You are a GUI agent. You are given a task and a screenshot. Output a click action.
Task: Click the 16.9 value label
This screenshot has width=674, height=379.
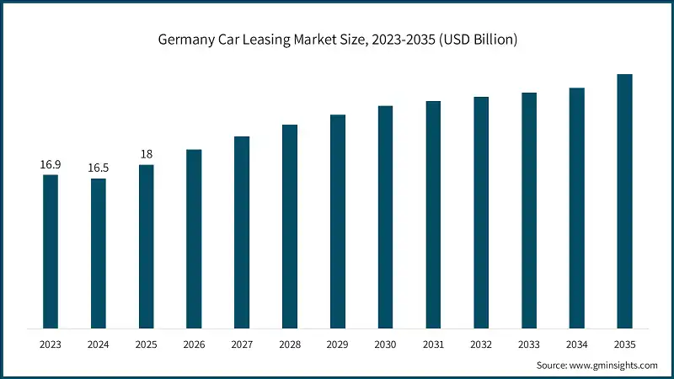coord(51,164)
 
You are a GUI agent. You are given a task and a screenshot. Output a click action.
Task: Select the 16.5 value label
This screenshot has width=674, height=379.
coord(99,168)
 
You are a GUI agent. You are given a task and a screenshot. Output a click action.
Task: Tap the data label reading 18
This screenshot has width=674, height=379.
coord(147,154)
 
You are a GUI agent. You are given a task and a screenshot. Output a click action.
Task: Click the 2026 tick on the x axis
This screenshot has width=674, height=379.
coord(194,344)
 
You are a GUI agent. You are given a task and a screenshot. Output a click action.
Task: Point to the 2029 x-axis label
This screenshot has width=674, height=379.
coord(337,344)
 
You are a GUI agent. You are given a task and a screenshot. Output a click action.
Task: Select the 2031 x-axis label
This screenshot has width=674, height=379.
coord(433,344)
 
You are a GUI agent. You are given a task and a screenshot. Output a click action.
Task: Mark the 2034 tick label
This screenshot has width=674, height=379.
coord(576,344)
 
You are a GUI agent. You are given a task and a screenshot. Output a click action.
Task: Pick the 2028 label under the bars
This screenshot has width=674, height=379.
coord(290,344)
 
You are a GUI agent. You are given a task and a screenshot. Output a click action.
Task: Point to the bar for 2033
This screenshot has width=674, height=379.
coord(529,210)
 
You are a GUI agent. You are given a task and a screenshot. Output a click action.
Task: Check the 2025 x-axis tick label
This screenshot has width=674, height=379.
coord(147,344)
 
